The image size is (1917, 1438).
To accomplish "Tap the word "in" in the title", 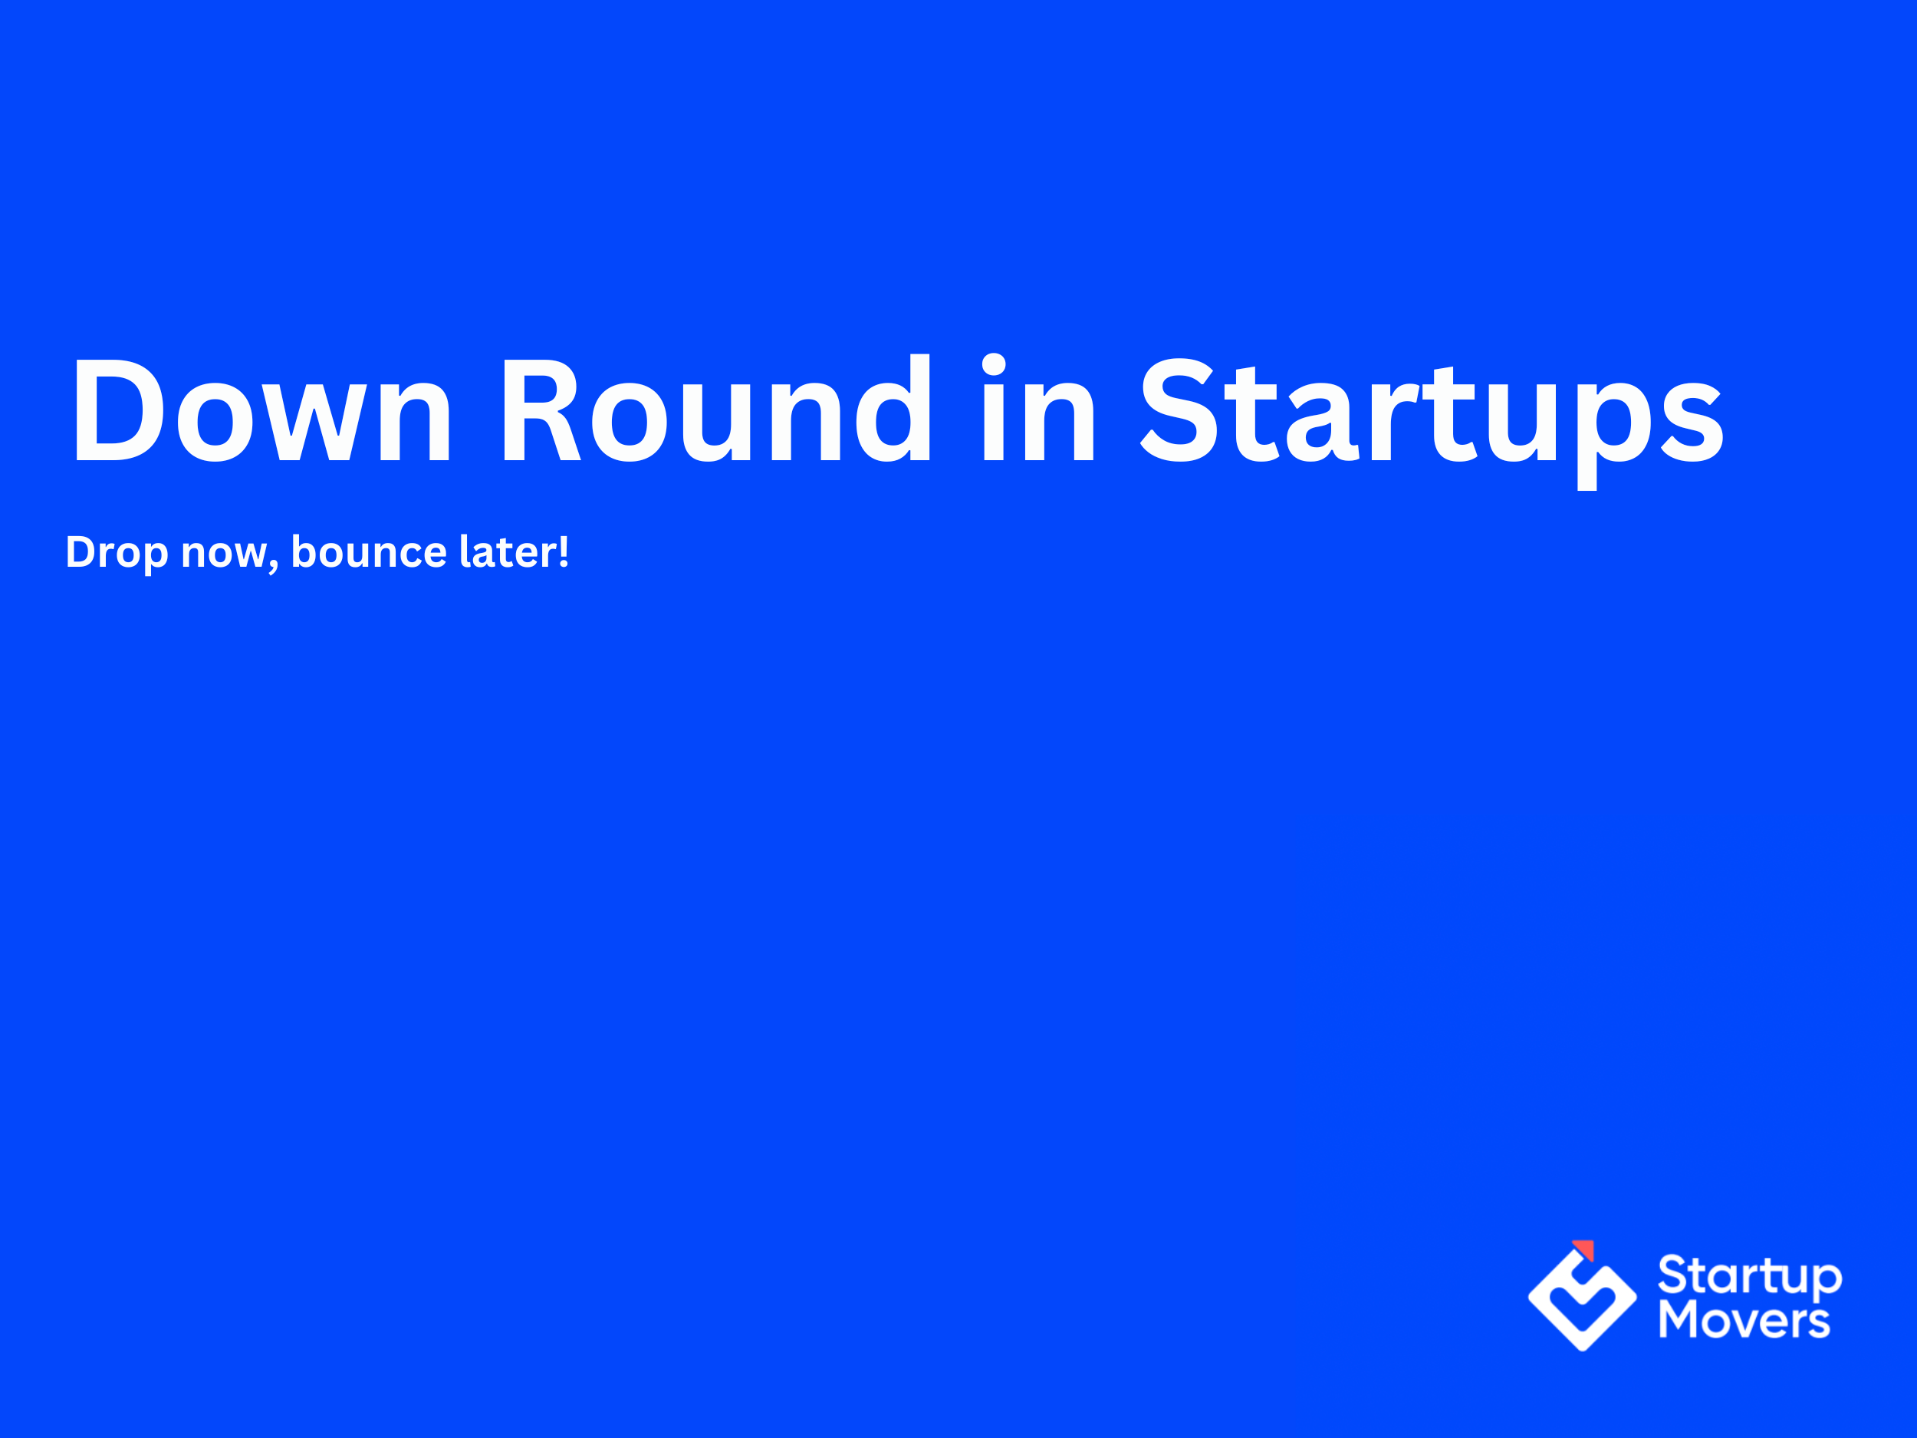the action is (x=1039, y=407).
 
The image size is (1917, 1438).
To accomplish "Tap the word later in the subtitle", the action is (x=508, y=551).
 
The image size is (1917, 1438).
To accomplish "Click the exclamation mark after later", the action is (x=564, y=551).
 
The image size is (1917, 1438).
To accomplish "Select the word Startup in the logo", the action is (x=1750, y=1278).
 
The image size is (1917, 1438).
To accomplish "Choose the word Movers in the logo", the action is (x=1744, y=1320).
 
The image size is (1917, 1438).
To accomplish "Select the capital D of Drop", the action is (x=81, y=552).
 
